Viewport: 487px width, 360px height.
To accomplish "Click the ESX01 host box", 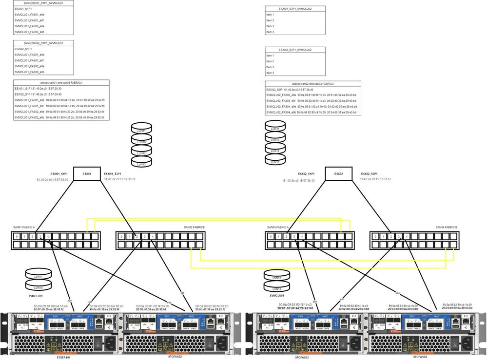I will pos(87,173).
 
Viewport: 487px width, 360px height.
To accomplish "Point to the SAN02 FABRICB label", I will pos(194,227).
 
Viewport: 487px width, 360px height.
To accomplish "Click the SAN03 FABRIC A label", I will pos(278,227).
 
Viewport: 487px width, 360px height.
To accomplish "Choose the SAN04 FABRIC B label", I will pos(447,227).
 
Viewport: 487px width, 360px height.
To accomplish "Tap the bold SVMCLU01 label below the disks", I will pos(35,296).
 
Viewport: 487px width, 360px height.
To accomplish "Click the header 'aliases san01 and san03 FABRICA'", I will pos(61,83).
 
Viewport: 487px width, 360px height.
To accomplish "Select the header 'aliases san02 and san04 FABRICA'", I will pos(313,84).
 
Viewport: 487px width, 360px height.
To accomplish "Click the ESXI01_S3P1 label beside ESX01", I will pos(113,173).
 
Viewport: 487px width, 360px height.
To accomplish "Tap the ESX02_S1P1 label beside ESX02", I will pos(306,173).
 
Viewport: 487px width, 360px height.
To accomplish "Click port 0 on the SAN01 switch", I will pos(17,237).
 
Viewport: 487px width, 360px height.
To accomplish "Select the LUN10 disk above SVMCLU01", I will pos(35,287).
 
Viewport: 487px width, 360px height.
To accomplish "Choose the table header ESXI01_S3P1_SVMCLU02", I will pos(295,9).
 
